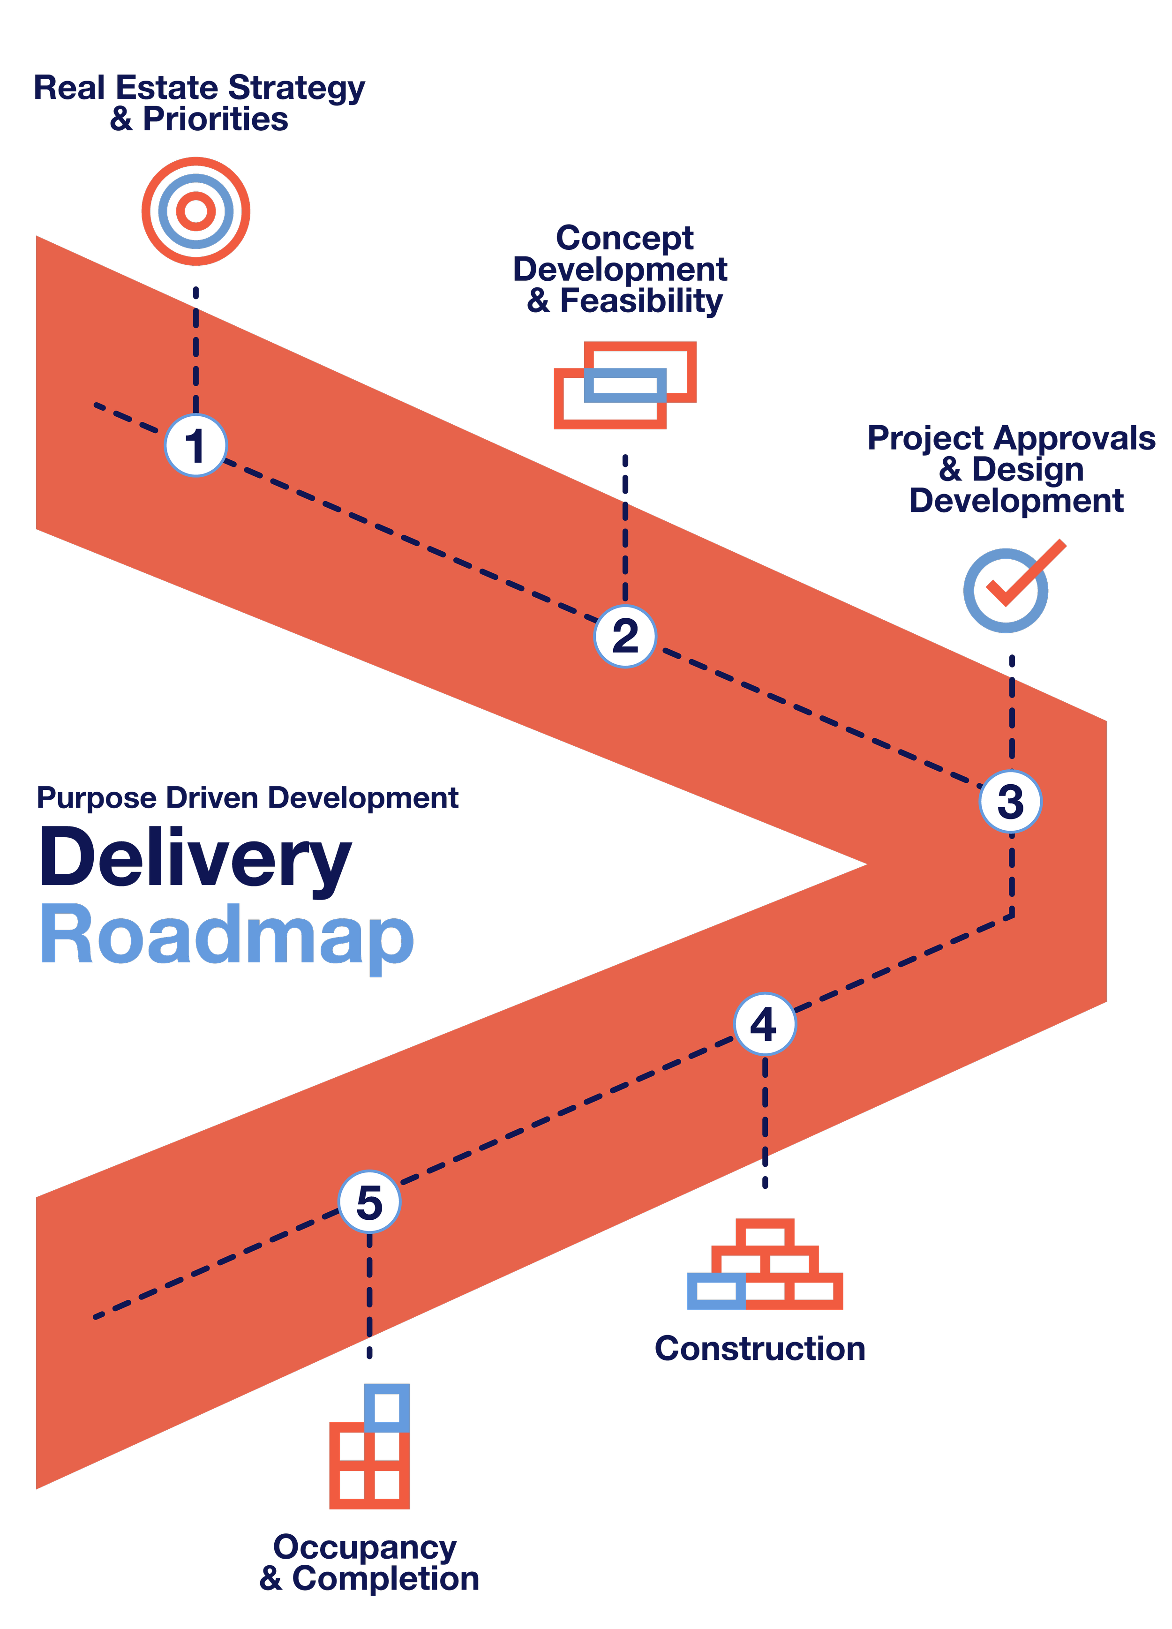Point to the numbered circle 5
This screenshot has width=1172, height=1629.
pyautogui.click(x=369, y=1201)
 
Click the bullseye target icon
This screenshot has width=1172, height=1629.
pyautogui.click(x=195, y=211)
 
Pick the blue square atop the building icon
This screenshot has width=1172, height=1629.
pyautogui.click(x=387, y=1408)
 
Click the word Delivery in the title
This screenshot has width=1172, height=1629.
pyautogui.click(x=195, y=858)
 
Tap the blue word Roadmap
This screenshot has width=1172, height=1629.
pyautogui.click(x=227, y=936)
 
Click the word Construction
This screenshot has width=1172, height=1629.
pyautogui.click(x=760, y=1348)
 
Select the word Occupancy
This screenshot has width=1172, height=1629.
pyautogui.click(x=365, y=1548)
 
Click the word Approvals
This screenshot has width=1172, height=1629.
pyautogui.click(x=1075, y=439)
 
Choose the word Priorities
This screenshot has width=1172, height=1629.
pyautogui.click(x=216, y=119)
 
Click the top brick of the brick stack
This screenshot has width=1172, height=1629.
pyautogui.click(x=765, y=1234)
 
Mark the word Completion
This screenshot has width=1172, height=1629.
pyautogui.click(x=386, y=1579)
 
